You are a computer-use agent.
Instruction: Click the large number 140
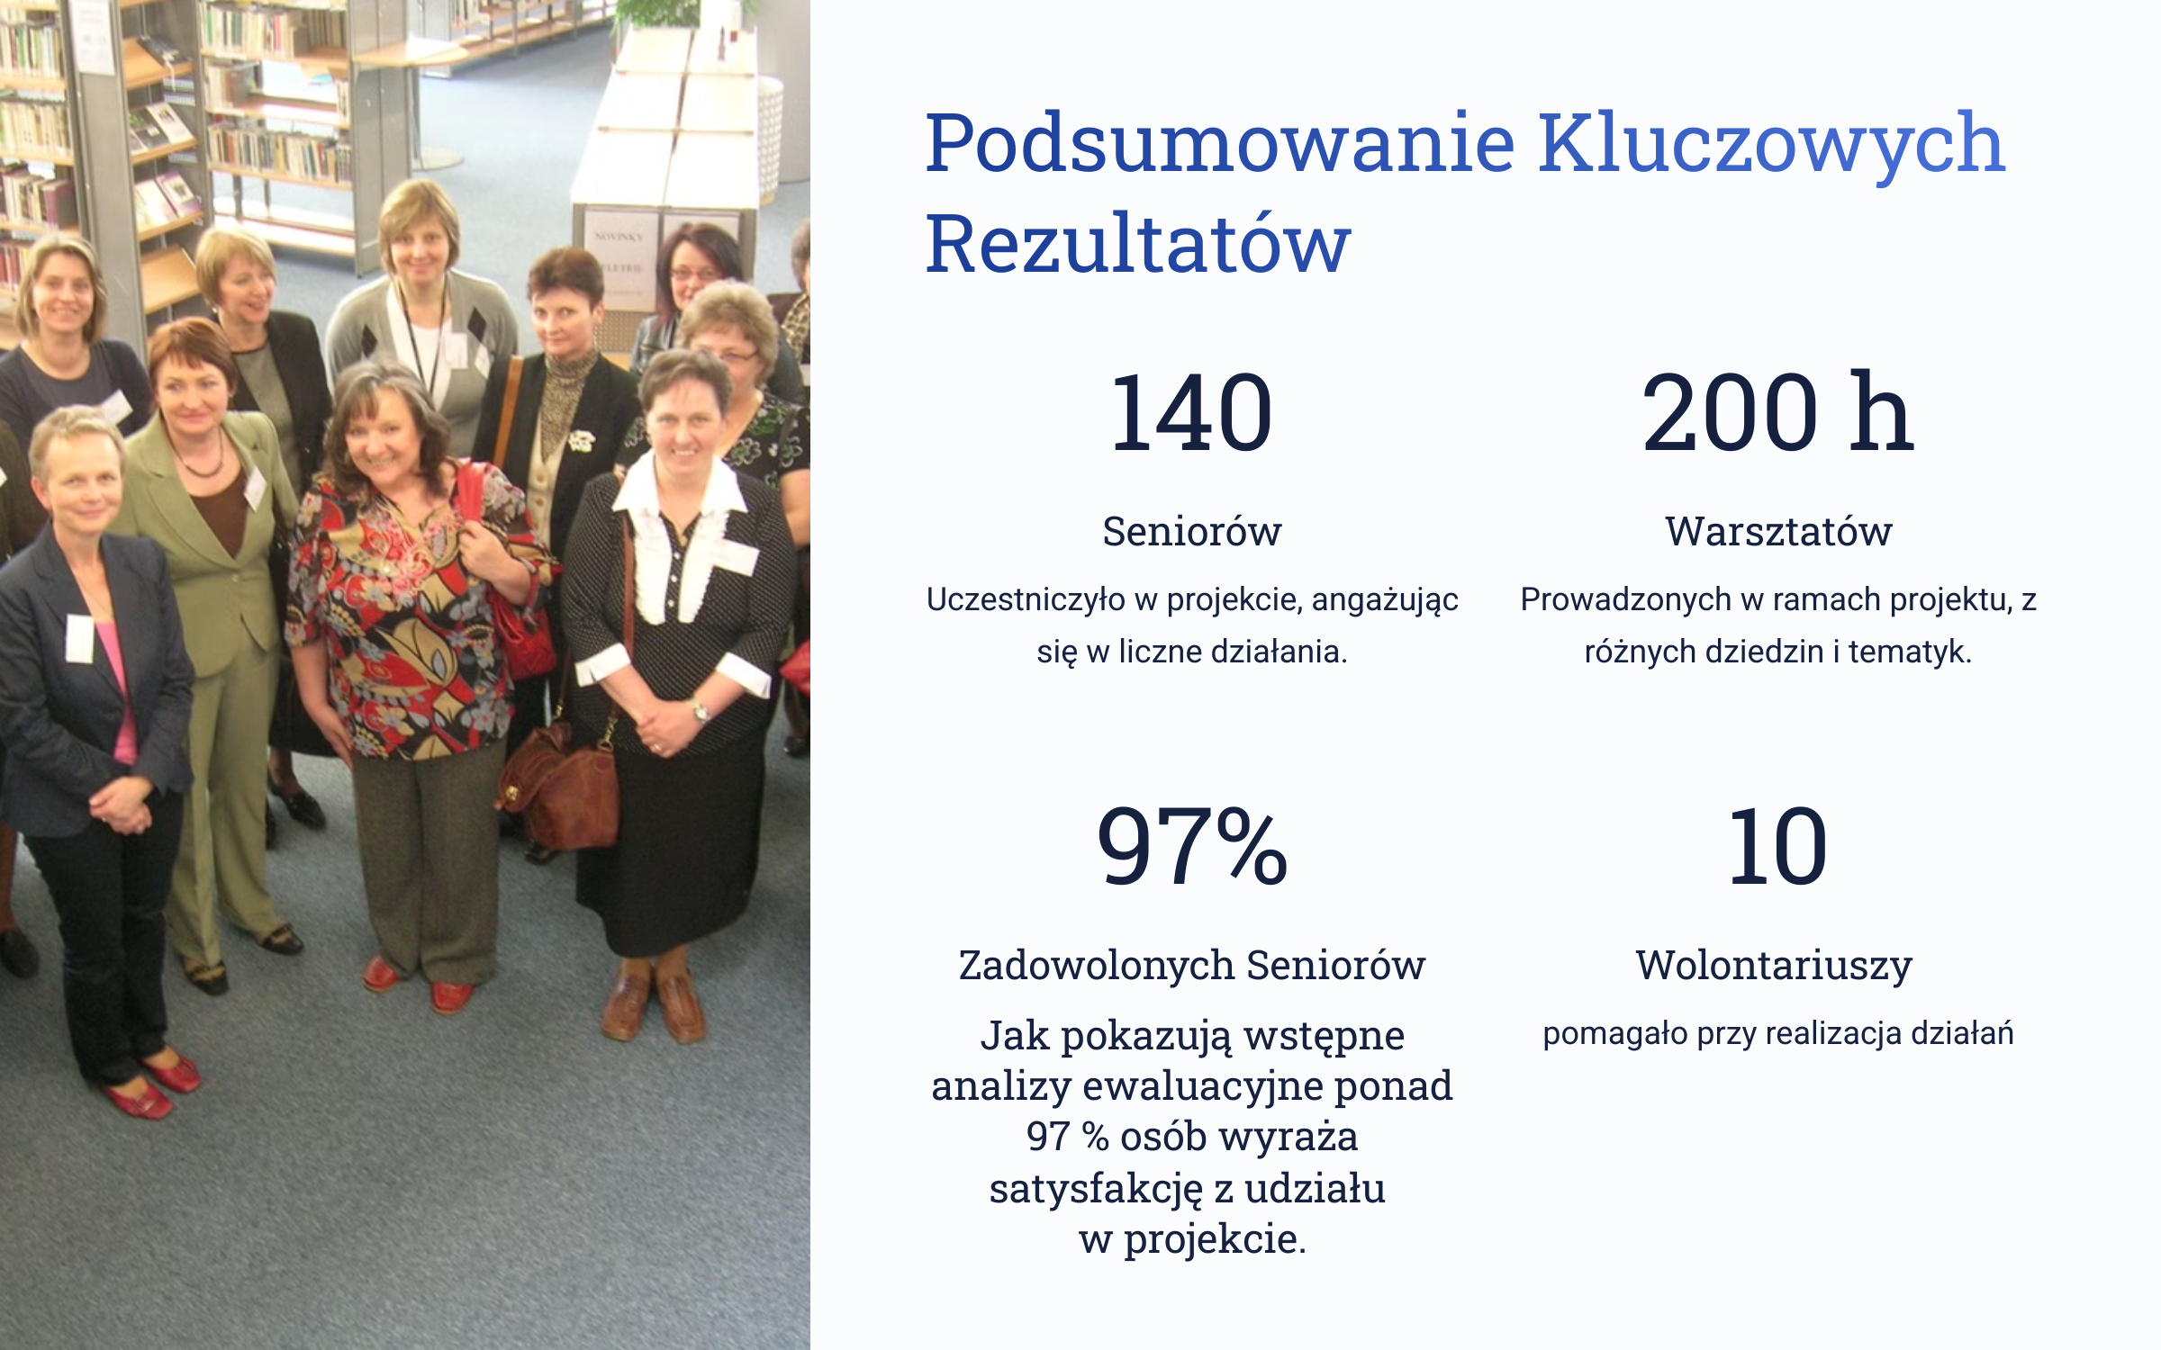pyautogui.click(x=1192, y=413)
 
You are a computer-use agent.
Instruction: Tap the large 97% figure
pyautogui.click(x=1192, y=846)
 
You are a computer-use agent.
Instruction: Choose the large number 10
pyautogui.click(x=1777, y=847)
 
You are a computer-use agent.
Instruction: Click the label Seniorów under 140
pyautogui.click(x=1192, y=531)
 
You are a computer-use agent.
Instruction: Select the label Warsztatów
pyautogui.click(x=1778, y=531)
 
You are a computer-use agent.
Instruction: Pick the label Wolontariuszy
pyautogui.click(x=1774, y=967)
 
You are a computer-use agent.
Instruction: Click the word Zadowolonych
pyautogui.click(x=1097, y=965)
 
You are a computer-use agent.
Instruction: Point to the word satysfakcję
pyautogui.click(x=1096, y=1190)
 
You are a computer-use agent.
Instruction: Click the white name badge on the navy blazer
pyautogui.click(x=80, y=638)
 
